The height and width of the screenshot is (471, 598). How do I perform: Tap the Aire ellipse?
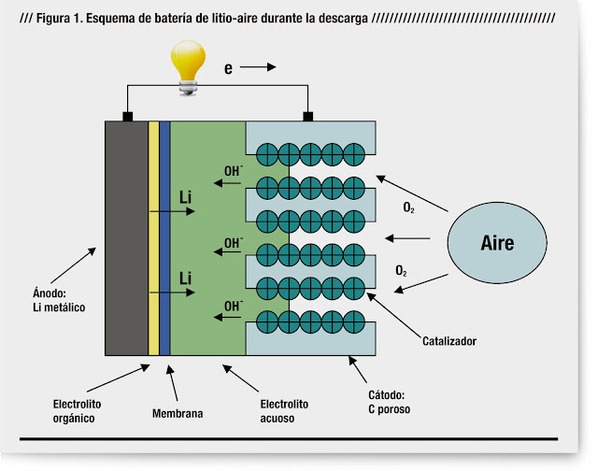(x=497, y=242)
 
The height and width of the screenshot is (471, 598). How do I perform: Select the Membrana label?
(x=177, y=412)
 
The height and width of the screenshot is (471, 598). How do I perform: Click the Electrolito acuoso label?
(x=277, y=412)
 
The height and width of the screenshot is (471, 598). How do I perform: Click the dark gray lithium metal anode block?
(x=125, y=238)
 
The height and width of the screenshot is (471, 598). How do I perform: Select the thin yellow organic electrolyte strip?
(x=153, y=238)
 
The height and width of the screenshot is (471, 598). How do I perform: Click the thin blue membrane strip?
(x=164, y=238)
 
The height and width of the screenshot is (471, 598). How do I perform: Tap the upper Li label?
(x=186, y=197)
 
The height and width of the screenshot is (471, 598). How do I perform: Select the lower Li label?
(x=186, y=278)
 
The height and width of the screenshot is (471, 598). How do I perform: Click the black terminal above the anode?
(x=127, y=117)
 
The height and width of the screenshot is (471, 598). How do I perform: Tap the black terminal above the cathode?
(x=306, y=117)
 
